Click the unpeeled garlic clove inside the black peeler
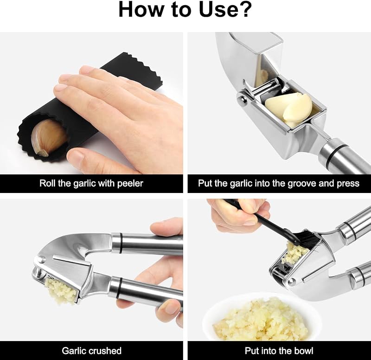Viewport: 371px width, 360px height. [48, 137]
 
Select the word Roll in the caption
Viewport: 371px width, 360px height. [47, 183]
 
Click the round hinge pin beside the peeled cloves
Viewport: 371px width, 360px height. [242, 99]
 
